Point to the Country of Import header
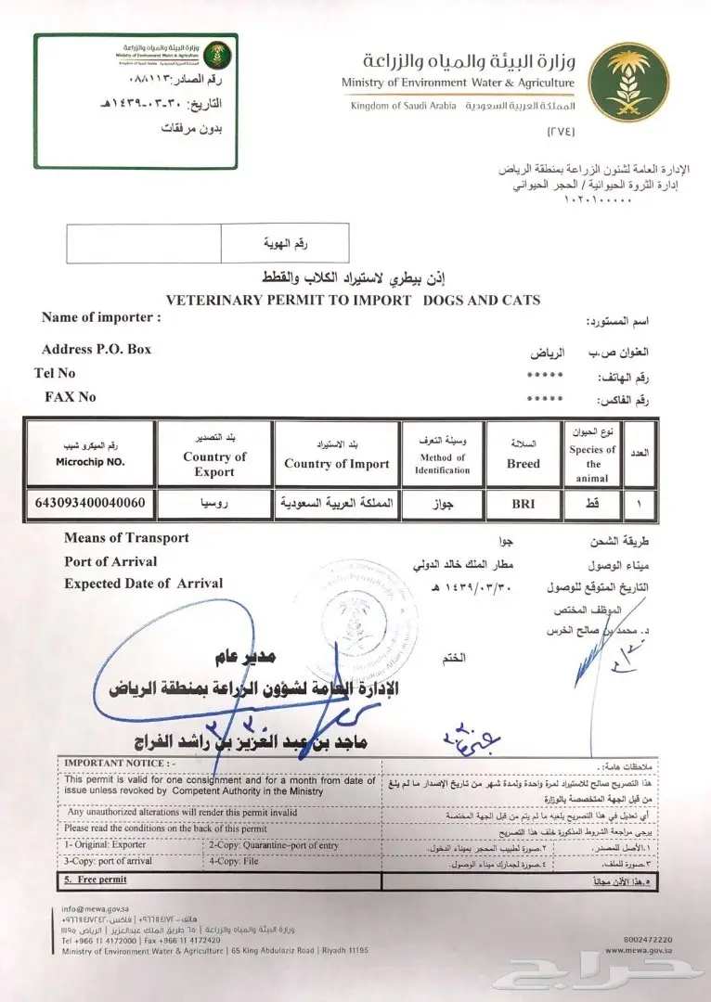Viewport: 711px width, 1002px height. click(x=337, y=464)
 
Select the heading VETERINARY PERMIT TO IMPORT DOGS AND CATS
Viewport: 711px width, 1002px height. click(x=352, y=300)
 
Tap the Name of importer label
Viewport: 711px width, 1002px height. click(x=101, y=317)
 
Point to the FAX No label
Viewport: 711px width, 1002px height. click(x=71, y=396)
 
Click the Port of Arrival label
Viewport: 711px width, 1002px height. click(x=110, y=561)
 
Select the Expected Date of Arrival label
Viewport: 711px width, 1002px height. click(x=143, y=584)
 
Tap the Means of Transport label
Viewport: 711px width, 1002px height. click(x=126, y=538)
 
